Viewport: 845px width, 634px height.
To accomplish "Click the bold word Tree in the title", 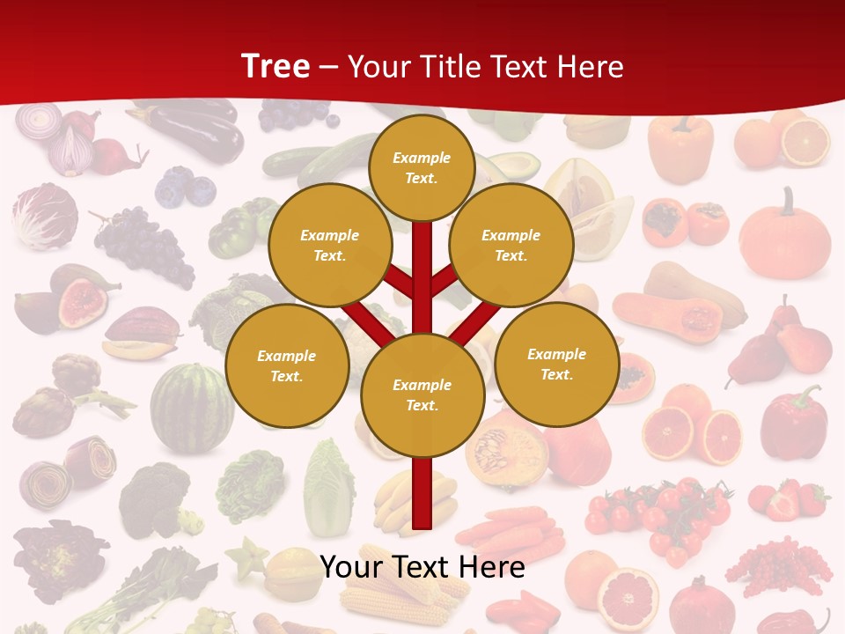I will point(276,66).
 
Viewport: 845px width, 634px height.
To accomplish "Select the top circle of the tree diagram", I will point(422,167).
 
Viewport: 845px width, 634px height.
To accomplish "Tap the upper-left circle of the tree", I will point(330,246).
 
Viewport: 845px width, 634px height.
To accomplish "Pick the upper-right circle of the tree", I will point(511,246).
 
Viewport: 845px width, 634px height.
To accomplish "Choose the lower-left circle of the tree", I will point(287,366).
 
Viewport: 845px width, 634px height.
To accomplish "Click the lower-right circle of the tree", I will point(557,365).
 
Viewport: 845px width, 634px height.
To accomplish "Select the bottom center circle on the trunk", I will point(422,395).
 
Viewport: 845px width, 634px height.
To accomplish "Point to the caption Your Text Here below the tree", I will point(422,567).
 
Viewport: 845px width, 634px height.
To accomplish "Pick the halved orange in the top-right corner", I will point(805,141).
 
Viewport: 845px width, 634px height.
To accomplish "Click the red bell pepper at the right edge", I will point(793,423).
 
